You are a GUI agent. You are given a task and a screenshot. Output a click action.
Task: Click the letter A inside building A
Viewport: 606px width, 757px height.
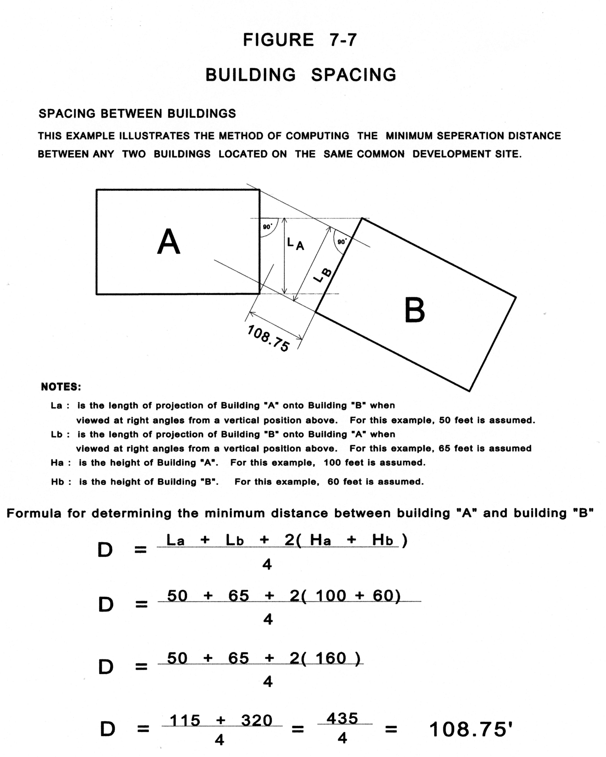169,242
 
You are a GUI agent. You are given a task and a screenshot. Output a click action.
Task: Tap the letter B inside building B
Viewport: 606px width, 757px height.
414,310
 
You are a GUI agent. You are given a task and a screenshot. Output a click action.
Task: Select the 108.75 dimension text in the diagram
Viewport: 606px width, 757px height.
268,339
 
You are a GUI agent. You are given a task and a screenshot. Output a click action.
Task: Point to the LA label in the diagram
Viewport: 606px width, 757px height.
295,243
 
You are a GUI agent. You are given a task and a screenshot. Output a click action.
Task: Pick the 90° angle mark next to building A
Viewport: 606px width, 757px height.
267,227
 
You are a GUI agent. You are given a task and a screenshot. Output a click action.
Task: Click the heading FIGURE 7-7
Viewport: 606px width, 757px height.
300,40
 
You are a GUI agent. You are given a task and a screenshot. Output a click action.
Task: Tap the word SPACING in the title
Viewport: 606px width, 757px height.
354,75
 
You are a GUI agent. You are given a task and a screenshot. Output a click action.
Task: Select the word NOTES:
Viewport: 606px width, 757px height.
61,387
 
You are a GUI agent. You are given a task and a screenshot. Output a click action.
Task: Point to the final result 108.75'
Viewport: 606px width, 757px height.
471,729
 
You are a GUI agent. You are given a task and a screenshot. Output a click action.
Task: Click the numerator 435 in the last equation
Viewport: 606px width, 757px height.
342,718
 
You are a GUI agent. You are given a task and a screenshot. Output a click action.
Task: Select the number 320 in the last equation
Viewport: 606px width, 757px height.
257,720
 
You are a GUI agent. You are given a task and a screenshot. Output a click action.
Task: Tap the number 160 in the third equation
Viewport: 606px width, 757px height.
331,658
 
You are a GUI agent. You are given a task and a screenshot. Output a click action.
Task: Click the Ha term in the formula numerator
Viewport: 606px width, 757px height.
320,540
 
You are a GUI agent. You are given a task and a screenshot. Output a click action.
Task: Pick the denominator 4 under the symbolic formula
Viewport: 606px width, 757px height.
267,564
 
